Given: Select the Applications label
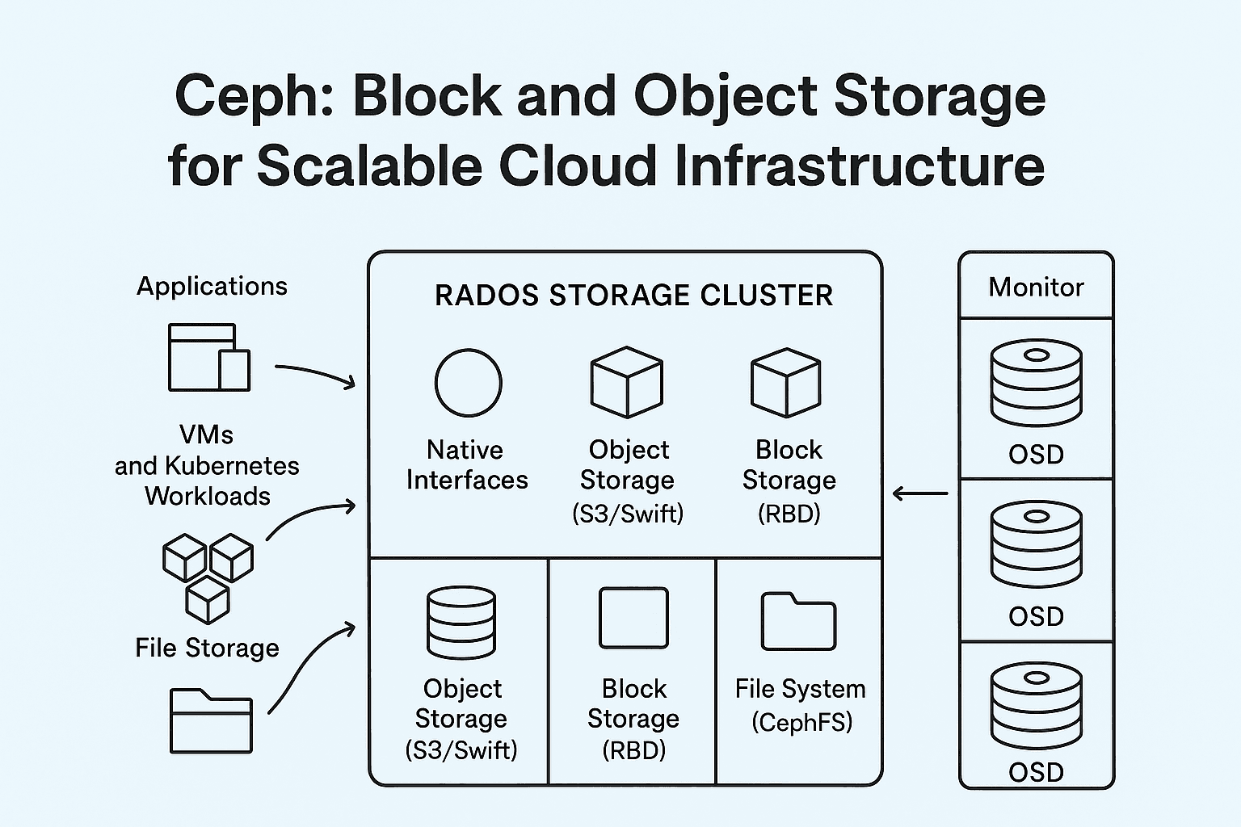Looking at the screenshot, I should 212,286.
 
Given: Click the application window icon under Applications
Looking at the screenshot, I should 208,357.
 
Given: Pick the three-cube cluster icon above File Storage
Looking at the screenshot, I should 208,577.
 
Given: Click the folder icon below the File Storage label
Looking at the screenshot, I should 211,720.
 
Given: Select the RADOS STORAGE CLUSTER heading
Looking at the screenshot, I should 633,296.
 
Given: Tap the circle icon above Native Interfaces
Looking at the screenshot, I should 468,383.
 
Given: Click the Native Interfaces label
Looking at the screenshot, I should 467,465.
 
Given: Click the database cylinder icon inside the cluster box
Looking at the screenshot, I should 461,622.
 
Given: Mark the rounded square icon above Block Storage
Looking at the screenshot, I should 633,618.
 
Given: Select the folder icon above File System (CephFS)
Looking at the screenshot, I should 798,622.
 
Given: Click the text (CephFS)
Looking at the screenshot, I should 801,721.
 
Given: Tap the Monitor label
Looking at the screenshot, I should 1036,288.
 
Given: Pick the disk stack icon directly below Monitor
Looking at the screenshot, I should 1036,383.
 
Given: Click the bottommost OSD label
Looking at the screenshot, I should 1036,772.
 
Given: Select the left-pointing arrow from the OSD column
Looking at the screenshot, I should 920,493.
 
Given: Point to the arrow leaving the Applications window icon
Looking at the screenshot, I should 315,373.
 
